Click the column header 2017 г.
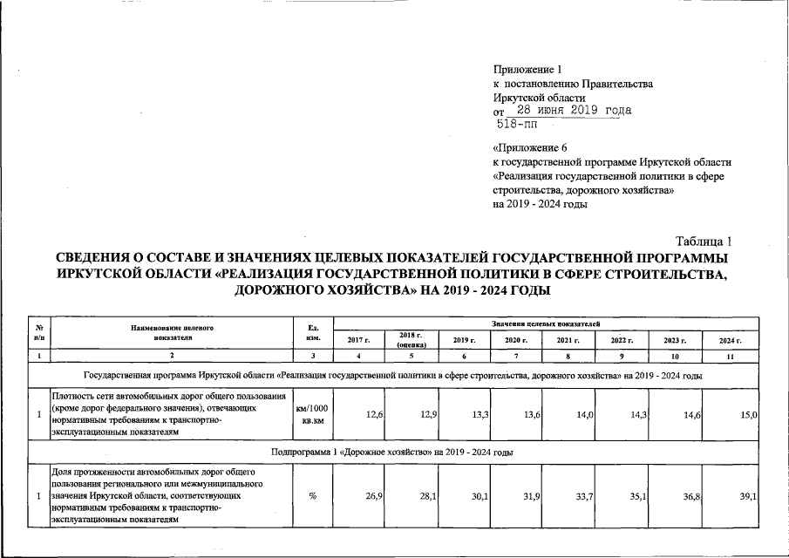(x=359, y=340)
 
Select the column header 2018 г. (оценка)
(x=411, y=340)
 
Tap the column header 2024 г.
(x=730, y=340)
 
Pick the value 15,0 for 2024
(x=748, y=414)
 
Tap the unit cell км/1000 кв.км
(x=313, y=414)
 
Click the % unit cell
(x=312, y=496)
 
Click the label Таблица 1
(x=704, y=242)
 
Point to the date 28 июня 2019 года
(x=574, y=111)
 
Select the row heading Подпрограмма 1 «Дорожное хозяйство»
(x=391, y=453)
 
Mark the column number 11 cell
(x=730, y=356)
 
